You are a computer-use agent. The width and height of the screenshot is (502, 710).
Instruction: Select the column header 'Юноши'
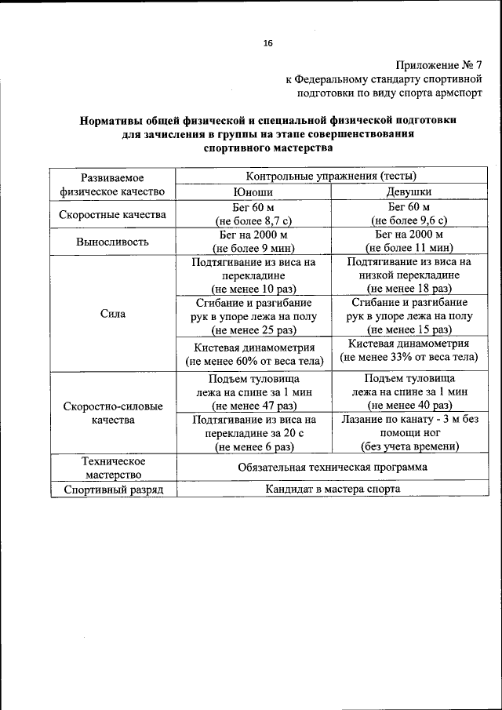pos(253,191)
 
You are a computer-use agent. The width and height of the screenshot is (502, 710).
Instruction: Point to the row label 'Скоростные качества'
pos(113,214)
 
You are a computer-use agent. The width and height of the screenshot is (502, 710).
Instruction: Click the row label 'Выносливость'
pos(113,242)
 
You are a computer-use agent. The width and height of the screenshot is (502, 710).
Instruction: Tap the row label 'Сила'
pos(113,314)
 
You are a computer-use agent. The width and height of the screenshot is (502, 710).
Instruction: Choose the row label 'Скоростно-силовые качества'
pos(113,413)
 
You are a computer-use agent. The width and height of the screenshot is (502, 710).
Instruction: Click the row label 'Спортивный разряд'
pos(113,489)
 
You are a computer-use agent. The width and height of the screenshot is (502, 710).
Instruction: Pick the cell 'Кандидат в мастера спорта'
pos(330,489)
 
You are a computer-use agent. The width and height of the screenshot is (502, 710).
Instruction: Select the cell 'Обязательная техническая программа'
pos(330,467)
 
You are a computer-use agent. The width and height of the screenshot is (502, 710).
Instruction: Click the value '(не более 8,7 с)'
pos(253,220)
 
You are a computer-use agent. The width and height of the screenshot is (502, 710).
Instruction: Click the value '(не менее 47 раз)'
pos(253,406)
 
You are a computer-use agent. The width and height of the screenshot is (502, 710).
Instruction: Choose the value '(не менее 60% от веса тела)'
pos(253,362)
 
